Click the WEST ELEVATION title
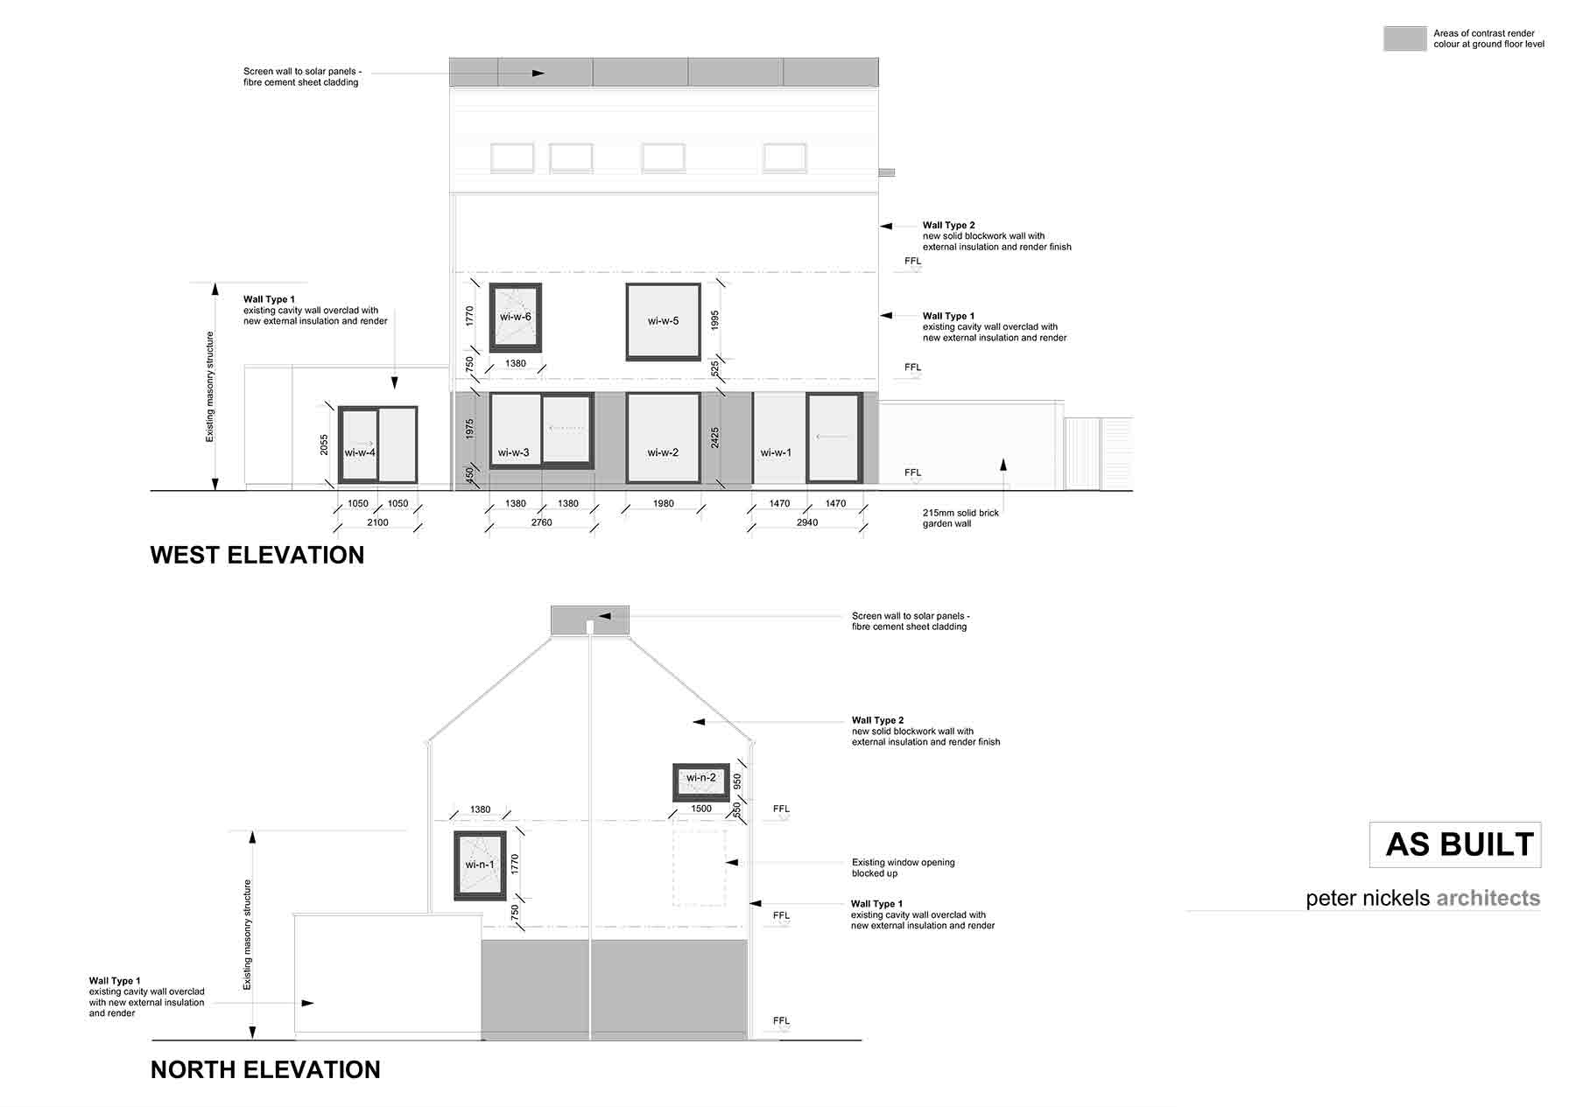pyautogui.click(x=257, y=555)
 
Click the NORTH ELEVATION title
pyautogui.click(x=265, y=1069)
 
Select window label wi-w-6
pyautogui.click(x=516, y=317)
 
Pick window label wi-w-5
pyautogui.click(x=664, y=320)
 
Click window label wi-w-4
pyautogui.click(x=360, y=452)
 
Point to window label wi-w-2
pyautogui.click(x=663, y=452)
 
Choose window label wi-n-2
pyautogui.click(x=701, y=778)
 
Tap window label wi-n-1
pyautogui.click(x=480, y=865)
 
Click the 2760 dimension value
pyautogui.click(x=542, y=522)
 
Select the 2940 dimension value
pyautogui.click(x=807, y=522)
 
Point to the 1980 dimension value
pyautogui.click(x=664, y=503)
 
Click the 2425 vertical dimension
pyautogui.click(x=715, y=438)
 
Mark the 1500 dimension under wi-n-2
pyautogui.click(x=701, y=809)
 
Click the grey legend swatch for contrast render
pyautogui.click(x=1404, y=39)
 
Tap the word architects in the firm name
pyautogui.click(x=1488, y=898)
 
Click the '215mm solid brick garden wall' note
pyautogui.click(x=960, y=518)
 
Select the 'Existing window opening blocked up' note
pyautogui.click(x=904, y=867)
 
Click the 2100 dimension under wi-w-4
pyautogui.click(x=377, y=522)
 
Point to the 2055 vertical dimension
pyautogui.click(x=324, y=445)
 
